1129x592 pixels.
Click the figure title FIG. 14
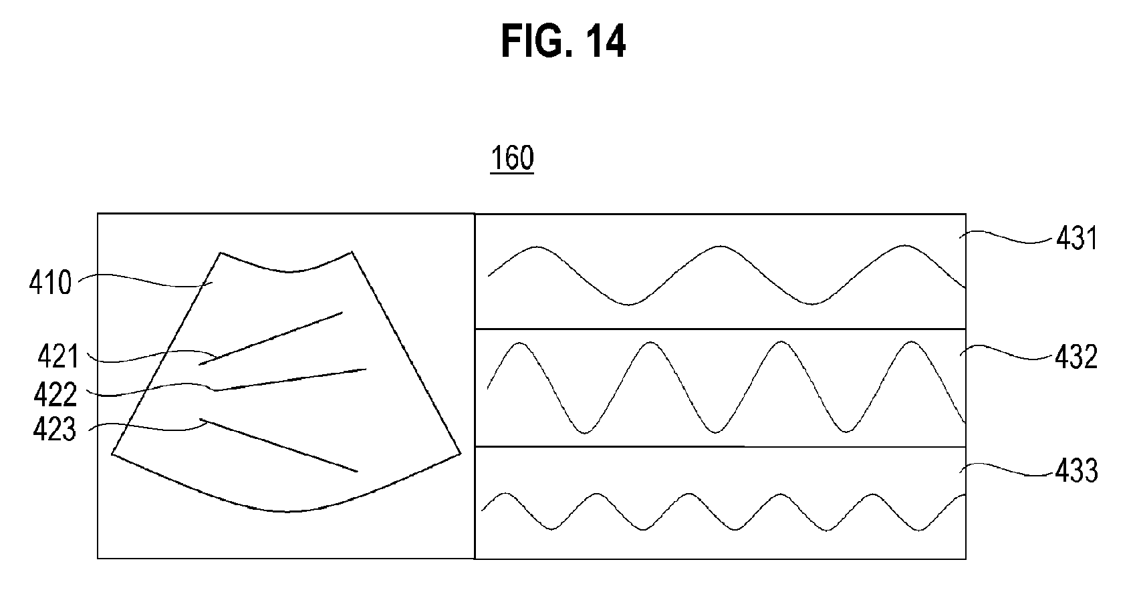563,43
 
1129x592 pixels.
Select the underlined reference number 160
512,159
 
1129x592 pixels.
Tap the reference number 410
50,283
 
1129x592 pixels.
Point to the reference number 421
57,356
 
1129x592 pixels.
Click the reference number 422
55,394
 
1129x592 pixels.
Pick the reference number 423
55,430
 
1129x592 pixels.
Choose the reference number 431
1077,239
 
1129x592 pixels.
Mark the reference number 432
1077,358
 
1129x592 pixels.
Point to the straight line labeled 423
281,446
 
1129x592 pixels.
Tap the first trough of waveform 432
585,433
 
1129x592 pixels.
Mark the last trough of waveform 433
919,530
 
